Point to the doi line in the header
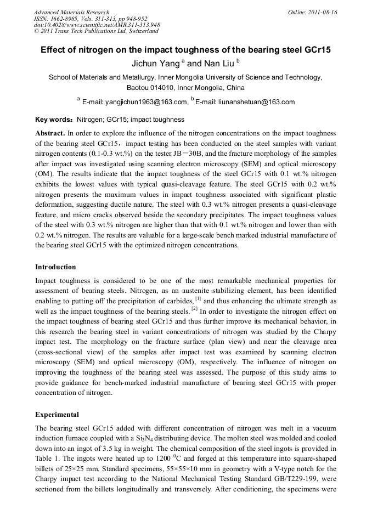pyautogui.click(x=97, y=25)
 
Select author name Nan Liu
pyautogui.click(x=212, y=64)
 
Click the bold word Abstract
pyautogui.click(x=50, y=133)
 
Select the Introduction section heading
pyautogui.click(x=55, y=267)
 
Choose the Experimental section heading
pyautogui.click(x=57, y=414)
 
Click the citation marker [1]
pyautogui.click(x=198, y=299)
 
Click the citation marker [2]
pyautogui.click(x=194, y=309)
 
